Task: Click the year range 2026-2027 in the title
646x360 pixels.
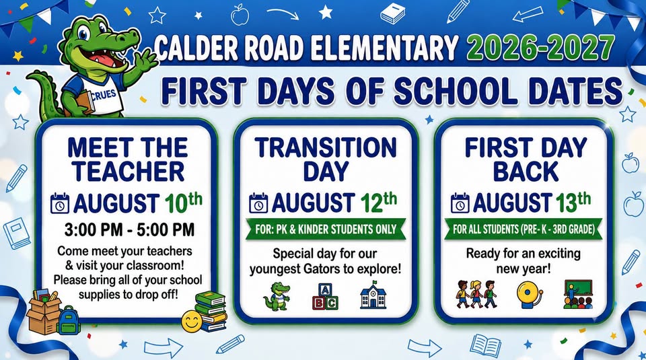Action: pos(541,48)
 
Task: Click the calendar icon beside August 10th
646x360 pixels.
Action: pos(60,203)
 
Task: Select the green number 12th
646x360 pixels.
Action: pos(379,202)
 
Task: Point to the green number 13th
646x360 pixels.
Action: pos(573,202)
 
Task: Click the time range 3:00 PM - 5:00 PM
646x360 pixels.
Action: pos(129,230)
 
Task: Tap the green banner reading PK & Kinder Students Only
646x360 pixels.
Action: pos(326,229)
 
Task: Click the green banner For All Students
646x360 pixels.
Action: pos(524,229)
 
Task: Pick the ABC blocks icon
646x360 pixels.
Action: pos(325,296)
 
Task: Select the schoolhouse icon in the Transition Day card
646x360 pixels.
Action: pos(373,295)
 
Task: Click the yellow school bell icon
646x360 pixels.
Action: pos(530,295)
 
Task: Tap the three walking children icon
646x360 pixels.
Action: pos(476,294)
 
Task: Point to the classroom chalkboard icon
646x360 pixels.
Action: pos(578,294)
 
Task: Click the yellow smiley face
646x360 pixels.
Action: pos(192,321)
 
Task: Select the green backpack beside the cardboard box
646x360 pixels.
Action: pos(68,320)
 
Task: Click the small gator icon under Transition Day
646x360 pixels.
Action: pos(277,296)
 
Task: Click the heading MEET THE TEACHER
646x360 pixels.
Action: pos(128,159)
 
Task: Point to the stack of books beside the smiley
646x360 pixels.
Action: pos(211,311)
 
